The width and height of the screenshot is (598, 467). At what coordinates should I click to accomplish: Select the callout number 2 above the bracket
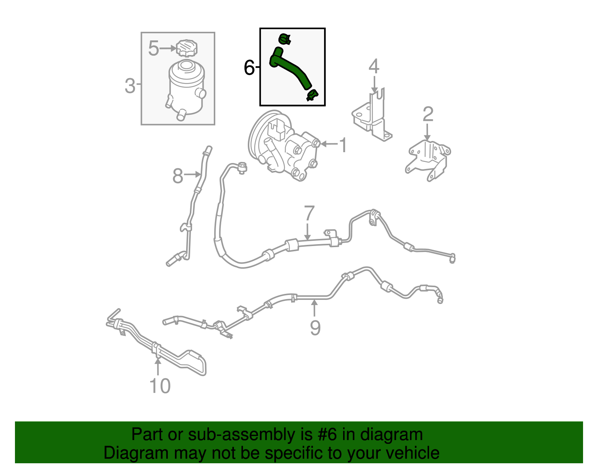tap(428, 114)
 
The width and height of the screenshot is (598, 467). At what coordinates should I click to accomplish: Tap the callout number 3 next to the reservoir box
tap(130, 86)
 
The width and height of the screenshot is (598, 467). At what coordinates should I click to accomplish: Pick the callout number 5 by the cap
tap(154, 48)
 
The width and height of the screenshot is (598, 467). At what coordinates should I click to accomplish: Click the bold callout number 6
tap(249, 67)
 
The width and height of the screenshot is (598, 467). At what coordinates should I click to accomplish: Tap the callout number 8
tap(178, 176)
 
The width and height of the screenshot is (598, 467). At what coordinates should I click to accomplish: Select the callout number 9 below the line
tap(315, 328)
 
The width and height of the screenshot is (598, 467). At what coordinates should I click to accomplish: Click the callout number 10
tap(160, 386)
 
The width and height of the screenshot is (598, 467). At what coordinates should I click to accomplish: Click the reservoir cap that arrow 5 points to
tap(187, 49)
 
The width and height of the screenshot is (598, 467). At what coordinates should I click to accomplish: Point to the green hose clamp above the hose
tap(284, 39)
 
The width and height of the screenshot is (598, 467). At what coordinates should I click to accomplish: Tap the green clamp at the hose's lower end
tap(312, 95)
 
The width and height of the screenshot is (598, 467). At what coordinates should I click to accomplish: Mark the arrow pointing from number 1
tap(329, 144)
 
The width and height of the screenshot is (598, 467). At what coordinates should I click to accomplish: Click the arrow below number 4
tap(374, 84)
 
